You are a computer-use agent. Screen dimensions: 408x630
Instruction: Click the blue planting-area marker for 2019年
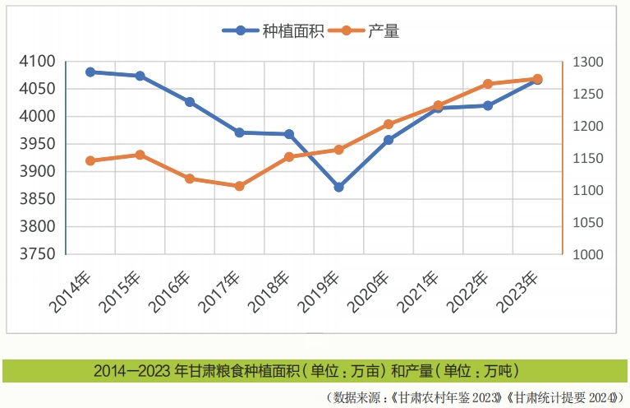coord(338,188)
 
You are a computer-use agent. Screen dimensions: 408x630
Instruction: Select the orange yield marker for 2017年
coord(239,186)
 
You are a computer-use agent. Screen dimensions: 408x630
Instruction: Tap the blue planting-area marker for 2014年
coord(90,72)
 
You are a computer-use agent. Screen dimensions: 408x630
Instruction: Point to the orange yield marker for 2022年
coord(488,84)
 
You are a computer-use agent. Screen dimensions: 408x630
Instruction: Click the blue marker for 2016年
coord(190,102)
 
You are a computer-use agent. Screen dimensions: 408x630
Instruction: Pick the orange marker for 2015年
coord(140,155)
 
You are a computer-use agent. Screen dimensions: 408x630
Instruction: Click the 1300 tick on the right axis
coord(588,63)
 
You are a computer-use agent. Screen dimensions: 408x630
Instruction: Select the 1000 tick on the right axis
coord(588,255)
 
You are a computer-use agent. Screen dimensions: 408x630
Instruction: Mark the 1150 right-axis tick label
coord(588,159)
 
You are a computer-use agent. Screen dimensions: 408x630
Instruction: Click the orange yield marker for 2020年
coord(389,125)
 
